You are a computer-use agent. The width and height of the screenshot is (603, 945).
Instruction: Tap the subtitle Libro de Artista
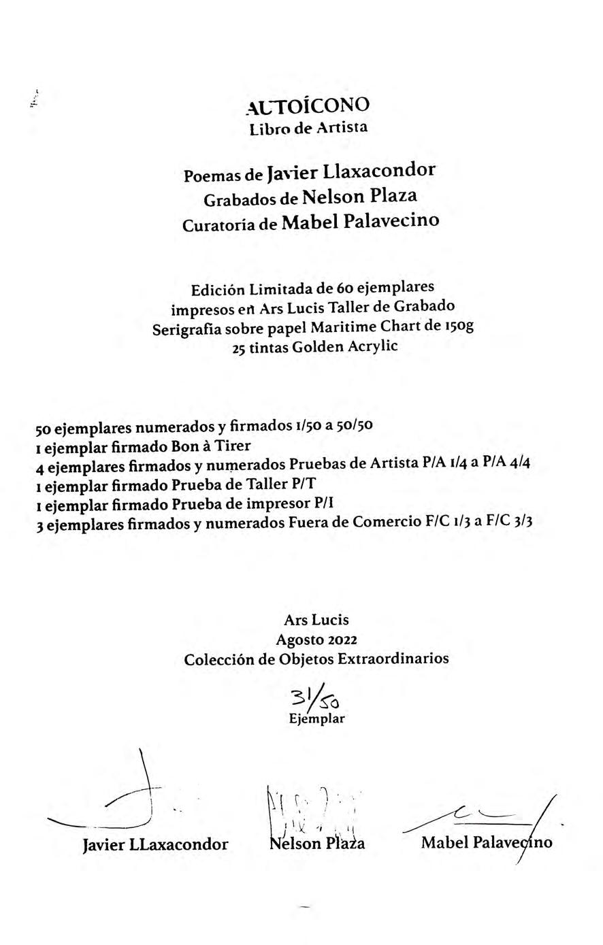point(308,127)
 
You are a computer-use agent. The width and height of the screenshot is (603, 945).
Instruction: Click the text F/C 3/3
point(509,522)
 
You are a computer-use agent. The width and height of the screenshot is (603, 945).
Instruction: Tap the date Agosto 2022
point(316,640)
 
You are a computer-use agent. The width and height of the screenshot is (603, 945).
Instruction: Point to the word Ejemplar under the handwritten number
point(316,718)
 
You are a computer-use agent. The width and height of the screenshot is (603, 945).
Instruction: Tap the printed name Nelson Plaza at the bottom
point(317,844)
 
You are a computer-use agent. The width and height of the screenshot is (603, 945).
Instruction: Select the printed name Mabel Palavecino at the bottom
point(487,842)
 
